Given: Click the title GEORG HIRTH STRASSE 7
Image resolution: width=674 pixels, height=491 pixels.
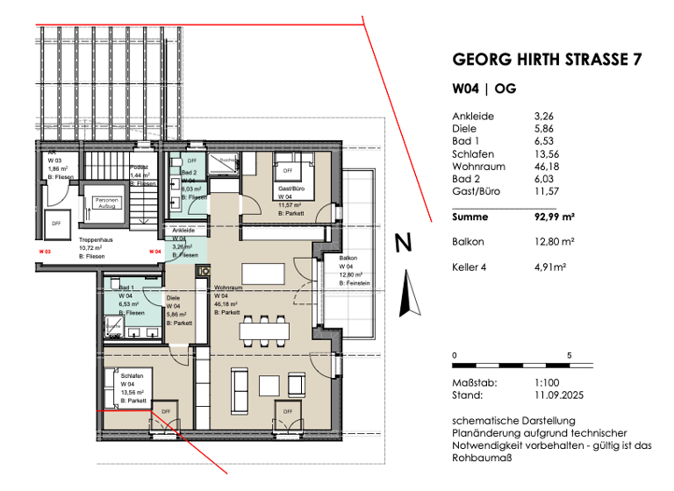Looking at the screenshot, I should (546, 60).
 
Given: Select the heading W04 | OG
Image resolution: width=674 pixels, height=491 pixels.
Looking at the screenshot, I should (483, 89).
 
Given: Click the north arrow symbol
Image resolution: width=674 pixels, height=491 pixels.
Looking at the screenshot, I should (405, 293).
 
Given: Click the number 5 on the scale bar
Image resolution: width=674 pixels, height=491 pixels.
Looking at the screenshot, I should (570, 355).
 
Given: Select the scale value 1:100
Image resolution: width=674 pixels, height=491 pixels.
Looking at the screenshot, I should (548, 383).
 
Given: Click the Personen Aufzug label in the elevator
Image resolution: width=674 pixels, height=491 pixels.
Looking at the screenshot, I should (106, 203).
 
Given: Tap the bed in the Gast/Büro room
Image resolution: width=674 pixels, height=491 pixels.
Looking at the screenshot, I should (290, 167).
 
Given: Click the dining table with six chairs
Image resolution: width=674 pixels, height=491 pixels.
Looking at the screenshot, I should (265, 329).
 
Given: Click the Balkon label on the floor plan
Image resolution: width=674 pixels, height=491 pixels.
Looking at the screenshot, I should (348, 258).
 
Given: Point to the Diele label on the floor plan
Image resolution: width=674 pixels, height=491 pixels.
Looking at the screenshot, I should (174, 298).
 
